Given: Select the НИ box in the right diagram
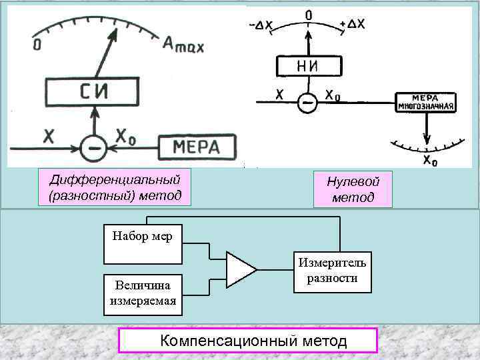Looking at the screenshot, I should click(308, 67).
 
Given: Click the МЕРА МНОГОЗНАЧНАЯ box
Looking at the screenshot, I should click(425, 102).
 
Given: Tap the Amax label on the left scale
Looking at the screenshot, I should click(183, 45).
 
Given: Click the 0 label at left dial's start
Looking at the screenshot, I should click(36, 45).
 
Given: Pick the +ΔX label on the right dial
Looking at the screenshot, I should click(352, 24).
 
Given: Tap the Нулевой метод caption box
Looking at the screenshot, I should click(353, 189).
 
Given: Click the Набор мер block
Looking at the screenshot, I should click(137, 245).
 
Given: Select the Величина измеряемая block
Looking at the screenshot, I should click(142, 295).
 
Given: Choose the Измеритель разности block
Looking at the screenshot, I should click(331, 271).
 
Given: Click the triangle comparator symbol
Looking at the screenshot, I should click(240, 270).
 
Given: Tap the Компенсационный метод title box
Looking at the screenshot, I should click(248, 341).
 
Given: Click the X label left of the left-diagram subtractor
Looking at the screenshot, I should click(49, 137).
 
